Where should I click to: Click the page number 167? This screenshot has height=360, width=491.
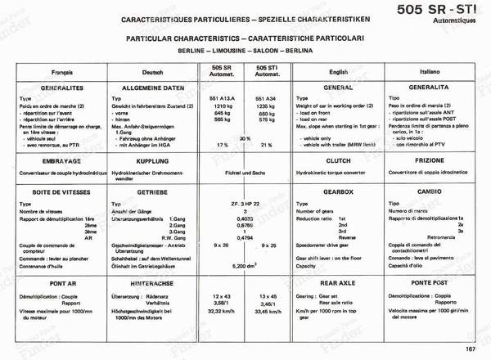470,350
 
